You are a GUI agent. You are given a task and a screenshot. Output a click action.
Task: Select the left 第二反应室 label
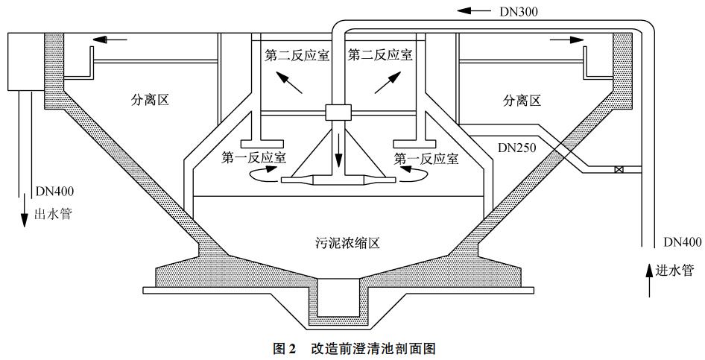tap(297, 55)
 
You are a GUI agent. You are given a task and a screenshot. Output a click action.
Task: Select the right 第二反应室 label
tap(379, 55)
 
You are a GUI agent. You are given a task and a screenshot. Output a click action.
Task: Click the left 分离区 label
tap(150, 100)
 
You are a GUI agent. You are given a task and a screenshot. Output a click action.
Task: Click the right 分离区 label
tap(521, 100)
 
